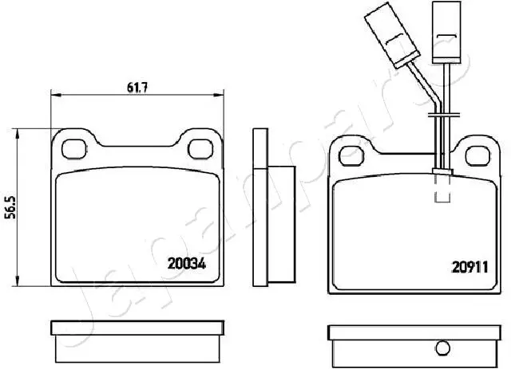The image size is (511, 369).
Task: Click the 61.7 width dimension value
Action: tap(137, 88)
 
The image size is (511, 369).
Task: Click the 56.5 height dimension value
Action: tap(12, 207)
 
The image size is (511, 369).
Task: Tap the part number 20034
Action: tap(187, 264)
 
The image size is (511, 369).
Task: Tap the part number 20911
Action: tap(469, 268)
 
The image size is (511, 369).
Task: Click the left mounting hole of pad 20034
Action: tap(74, 149)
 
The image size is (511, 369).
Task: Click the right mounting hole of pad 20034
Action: tap(200, 149)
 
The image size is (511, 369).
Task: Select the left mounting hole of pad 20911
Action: tap(351, 156)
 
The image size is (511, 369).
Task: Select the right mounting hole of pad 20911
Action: tap(477, 156)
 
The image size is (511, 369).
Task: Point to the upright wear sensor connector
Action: tap(446, 32)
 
